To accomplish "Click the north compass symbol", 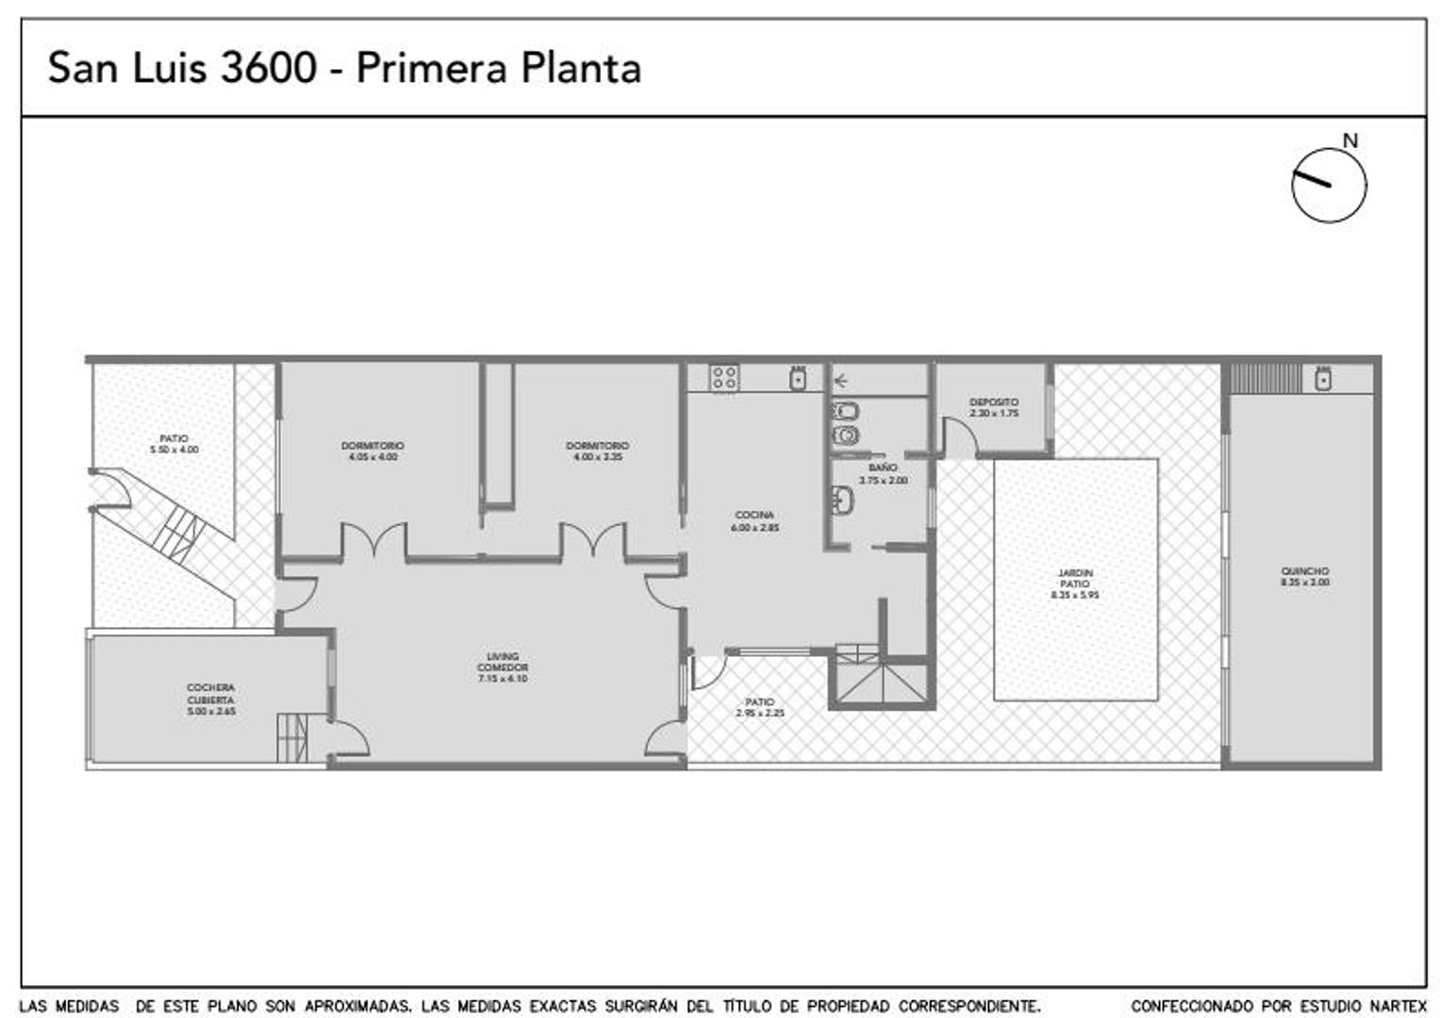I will (x=1328, y=185).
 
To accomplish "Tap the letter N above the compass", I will (x=1350, y=140).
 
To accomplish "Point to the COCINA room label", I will (x=754, y=516).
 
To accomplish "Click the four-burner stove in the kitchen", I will (x=724, y=378).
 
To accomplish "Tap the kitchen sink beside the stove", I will (x=798, y=378).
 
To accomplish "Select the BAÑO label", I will (x=883, y=468).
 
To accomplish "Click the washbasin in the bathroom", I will (x=842, y=501).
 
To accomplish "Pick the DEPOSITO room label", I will (x=994, y=402).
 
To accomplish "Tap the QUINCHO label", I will (x=1305, y=571).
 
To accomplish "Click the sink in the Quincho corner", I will (x=1323, y=379).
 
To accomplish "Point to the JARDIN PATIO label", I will (x=1075, y=578).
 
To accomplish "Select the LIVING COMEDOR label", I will (x=503, y=662).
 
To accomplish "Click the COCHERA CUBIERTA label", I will (x=210, y=694).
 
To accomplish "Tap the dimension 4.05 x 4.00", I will (x=372, y=457).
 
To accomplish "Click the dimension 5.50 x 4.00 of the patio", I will (x=174, y=451).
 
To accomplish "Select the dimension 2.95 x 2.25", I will (x=760, y=714).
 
